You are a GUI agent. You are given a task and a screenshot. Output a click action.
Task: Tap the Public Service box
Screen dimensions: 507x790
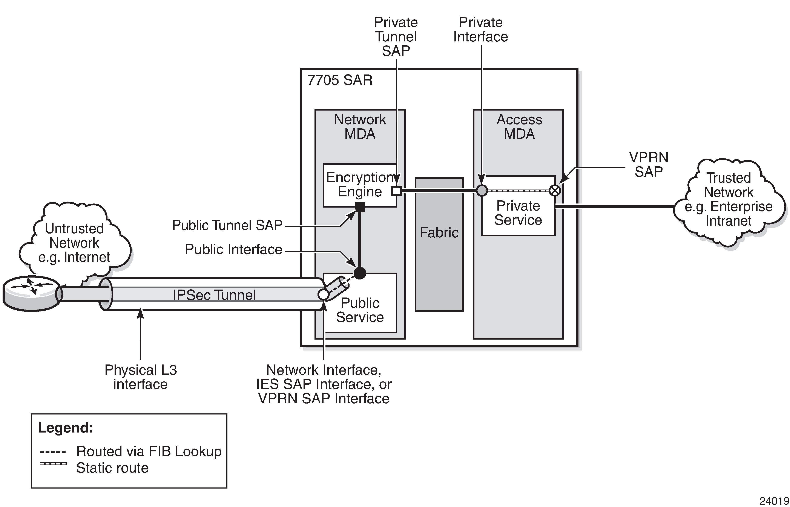(x=360, y=310)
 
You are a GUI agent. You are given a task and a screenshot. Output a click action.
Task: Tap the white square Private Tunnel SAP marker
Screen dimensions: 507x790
(x=396, y=191)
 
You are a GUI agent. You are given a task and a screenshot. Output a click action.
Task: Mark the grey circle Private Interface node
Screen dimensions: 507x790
(x=482, y=190)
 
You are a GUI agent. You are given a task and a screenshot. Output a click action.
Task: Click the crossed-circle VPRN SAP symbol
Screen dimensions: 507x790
(x=555, y=190)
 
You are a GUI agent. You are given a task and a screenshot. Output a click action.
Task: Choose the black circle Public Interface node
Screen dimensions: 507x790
(x=360, y=273)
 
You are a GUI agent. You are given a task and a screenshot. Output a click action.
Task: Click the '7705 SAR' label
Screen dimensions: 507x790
(x=340, y=80)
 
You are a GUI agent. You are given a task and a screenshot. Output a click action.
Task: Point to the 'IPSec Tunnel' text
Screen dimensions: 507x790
(x=214, y=295)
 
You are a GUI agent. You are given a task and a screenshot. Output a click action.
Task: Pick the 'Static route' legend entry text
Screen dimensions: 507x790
(x=112, y=468)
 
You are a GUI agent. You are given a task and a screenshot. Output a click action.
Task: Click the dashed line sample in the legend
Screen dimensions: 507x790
(x=53, y=452)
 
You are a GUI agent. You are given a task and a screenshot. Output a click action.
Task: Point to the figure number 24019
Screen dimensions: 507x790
(x=774, y=501)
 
